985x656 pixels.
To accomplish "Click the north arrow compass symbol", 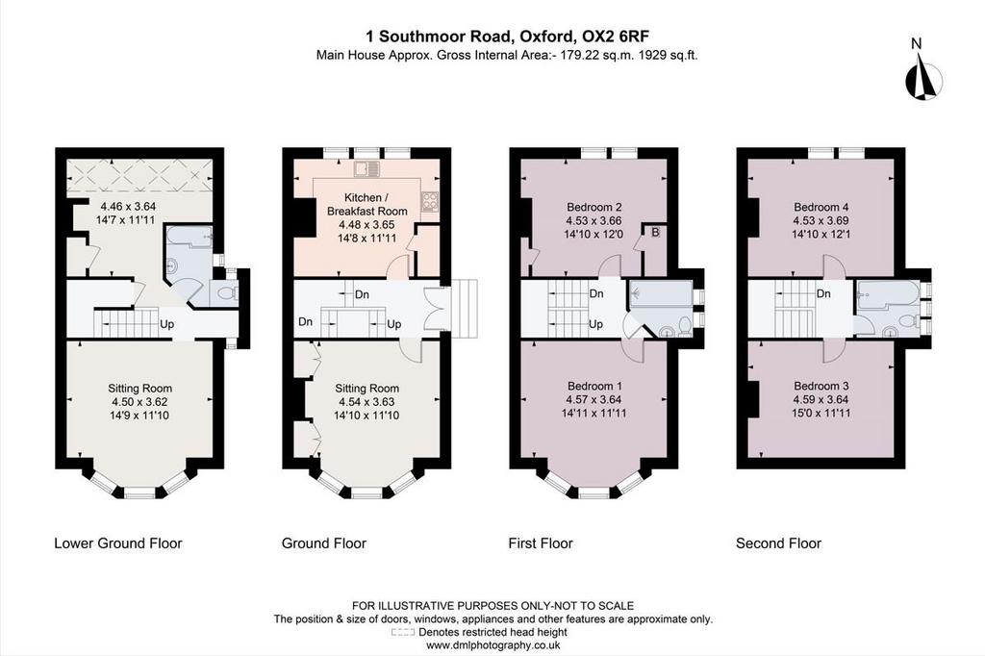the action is pyautogui.click(x=924, y=78).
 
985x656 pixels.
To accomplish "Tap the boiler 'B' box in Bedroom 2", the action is pyautogui.click(x=655, y=233).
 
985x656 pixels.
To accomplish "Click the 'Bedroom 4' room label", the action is pyautogui.click(x=821, y=207).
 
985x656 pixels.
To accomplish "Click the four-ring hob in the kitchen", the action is pyautogui.click(x=430, y=200).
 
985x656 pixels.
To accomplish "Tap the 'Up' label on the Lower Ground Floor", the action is pyautogui.click(x=166, y=324).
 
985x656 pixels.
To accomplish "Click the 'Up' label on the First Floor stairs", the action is pyautogui.click(x=595, y=324).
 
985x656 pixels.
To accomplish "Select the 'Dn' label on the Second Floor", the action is pyautogui.click(x=823, y=293).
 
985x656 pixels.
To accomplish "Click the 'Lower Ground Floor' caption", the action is pyautogui.click(x=118, y=543).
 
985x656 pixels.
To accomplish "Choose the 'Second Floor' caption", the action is pyautogui.click(x=778, y=543).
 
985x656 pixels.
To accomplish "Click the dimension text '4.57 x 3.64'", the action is pyautogui.click(x=594, y=399).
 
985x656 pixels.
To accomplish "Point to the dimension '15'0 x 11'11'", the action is pyautogui.click(x=821, y=413).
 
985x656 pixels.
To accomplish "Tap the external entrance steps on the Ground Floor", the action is pyautogui.click(x=465, y=309).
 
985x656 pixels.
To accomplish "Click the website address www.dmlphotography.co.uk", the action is pyautogui.click(x=492, y=645).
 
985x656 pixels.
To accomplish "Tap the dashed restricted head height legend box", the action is pyautogui.click(x=403, y=632).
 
